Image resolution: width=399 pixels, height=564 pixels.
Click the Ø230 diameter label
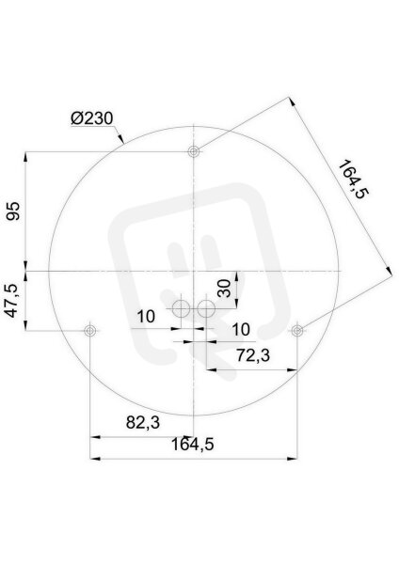point(92,118)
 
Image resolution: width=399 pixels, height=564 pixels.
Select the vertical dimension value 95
point(14,211)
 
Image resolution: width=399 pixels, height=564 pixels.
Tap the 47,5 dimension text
point(12,301)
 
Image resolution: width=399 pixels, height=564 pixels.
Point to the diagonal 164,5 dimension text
point(353,180)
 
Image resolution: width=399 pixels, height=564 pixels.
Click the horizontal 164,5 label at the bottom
point(192,445)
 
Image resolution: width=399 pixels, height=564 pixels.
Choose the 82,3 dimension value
point(143,422)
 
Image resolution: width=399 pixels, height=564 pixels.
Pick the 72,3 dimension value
point(253,355)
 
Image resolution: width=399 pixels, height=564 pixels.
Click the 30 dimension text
point(225,289)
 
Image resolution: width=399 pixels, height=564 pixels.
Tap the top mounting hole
point(194,151)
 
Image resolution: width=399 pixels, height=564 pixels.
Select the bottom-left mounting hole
point(89,330)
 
